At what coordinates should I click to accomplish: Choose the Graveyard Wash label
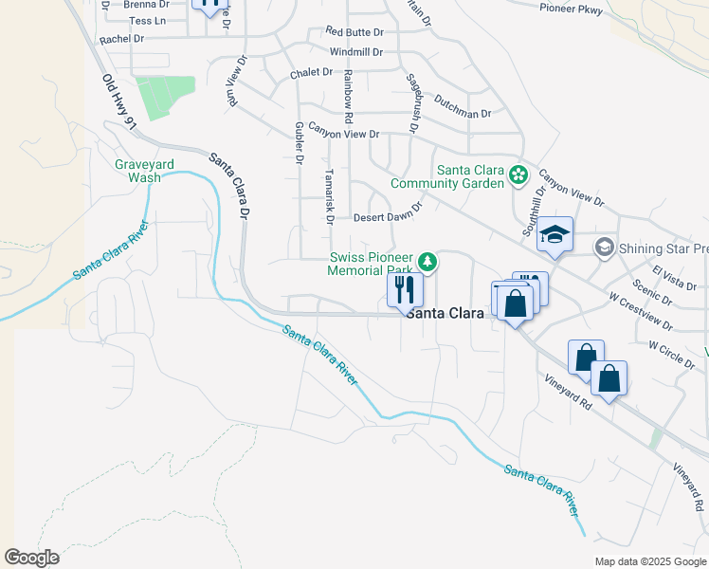pyautogui.click(x=144, y=171)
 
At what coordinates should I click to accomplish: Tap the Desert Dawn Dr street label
pyautogui.click(x=387, y=217)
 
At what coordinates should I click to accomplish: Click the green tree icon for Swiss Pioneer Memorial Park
pyautogui.click(x=427, y=262)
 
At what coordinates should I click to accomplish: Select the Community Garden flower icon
pyautogui.click(x=518, y=174)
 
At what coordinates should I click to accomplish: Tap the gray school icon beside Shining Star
pyautogui.click(x=603, y=248)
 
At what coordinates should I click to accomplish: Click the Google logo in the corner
pyautogui.click(x=31, y=558)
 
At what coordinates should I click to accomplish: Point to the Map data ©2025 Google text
pyautogui.click(x=650, y=561)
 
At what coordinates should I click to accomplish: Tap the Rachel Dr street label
pyautogui.click(x=121, y=40)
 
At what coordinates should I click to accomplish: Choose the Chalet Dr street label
pyautogui.click(x=312, y=72)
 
